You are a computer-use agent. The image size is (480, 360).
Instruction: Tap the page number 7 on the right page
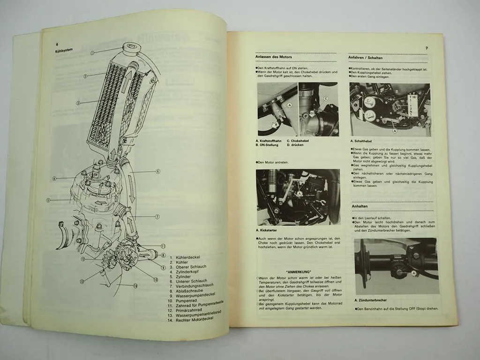426,48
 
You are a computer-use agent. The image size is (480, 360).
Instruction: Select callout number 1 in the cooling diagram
93,53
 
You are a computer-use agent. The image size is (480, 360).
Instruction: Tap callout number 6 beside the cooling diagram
158,172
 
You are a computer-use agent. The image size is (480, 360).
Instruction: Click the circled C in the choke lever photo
325,98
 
